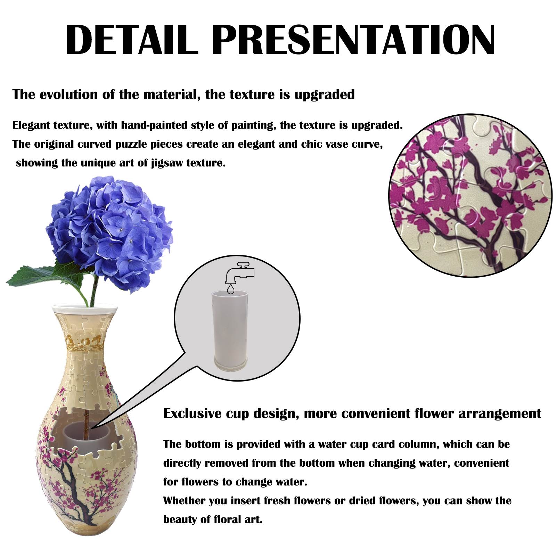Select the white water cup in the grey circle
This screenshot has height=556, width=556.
230,332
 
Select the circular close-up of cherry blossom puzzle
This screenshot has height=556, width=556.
470,196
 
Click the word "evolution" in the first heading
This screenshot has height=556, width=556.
68,95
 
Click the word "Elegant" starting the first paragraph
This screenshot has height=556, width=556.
31,125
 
